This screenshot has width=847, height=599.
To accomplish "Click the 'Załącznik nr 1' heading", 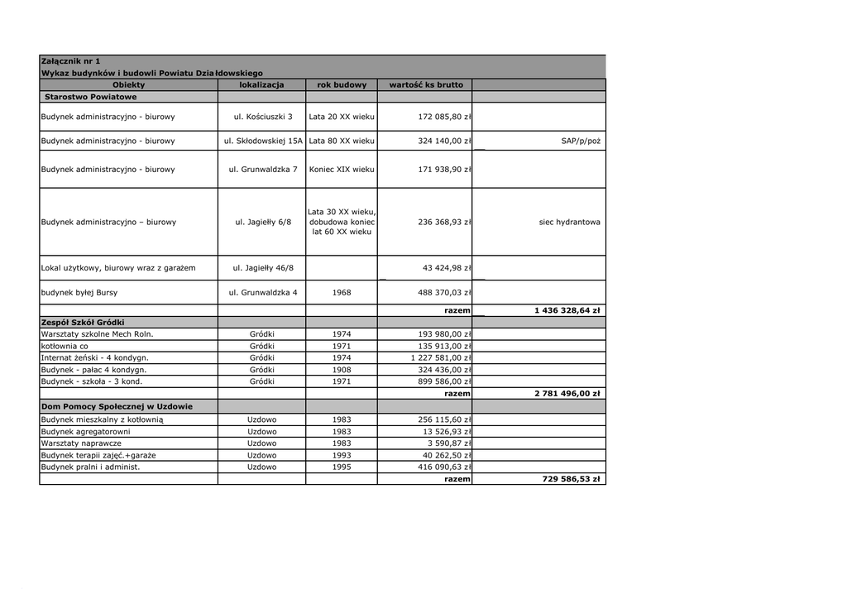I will coord(70,61).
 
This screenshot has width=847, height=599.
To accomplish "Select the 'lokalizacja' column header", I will coord(261,84).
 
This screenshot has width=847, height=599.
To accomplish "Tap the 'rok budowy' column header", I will coord(342,84).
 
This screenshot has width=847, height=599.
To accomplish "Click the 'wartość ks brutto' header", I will coord(426,84).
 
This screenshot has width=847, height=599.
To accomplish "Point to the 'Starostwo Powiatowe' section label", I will coord(91,97).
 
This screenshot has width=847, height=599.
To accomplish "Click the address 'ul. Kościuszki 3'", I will coord(261,117).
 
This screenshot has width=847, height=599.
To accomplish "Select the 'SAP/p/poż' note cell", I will coord(581,141).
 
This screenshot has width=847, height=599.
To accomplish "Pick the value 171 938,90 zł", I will coord(444,170).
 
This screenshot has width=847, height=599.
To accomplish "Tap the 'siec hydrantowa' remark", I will coord(569,222).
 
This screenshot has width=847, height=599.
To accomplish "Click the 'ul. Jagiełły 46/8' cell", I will coord(261,268).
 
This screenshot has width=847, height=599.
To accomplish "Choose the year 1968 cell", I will coord(342,293).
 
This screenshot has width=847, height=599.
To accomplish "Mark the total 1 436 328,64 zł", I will coord(567,310).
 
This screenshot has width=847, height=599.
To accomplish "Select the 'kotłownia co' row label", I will coord(65,346).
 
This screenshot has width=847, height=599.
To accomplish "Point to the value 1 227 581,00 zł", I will coord(441,357).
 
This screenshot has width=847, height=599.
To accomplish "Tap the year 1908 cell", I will coord(342,370).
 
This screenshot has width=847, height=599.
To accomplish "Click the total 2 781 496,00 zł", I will coord(567,394).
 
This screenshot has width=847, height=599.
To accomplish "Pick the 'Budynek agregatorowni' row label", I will coord(86,431).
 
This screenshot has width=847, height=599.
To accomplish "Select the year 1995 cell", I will coord(342,467).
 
